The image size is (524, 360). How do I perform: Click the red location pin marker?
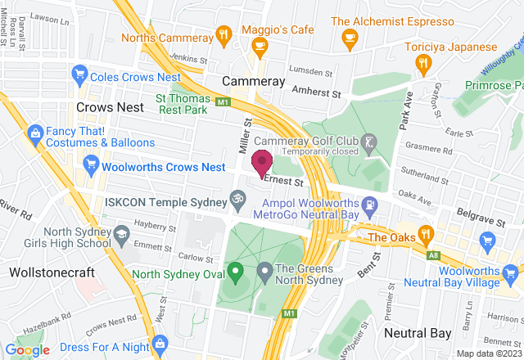[x=262, y=162]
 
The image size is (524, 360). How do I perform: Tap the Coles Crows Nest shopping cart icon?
[x=80, y=76]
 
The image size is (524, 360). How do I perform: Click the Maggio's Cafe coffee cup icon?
[x=260, y=47]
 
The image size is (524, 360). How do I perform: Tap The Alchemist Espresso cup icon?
[x=350, y=37]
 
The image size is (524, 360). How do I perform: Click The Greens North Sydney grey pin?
[x=264, y=269]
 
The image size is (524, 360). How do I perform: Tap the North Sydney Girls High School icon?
[x=121, y=235]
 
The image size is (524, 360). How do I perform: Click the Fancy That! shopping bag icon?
[x=35, y=133]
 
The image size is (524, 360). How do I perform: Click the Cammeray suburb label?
[x=254, y=82]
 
